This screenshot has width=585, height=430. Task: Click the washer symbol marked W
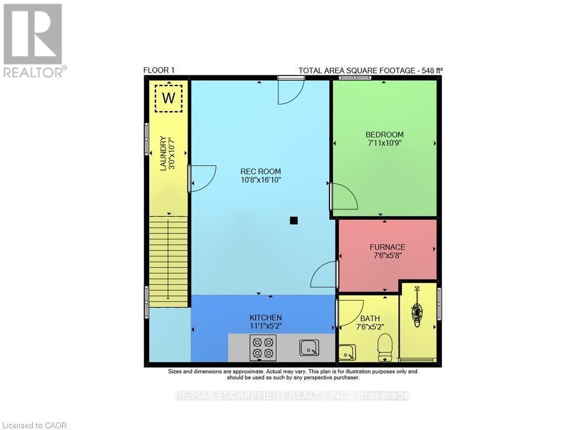click(168, 98)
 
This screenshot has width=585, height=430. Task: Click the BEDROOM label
click(384, 135)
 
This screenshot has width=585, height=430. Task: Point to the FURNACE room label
click(387, 247)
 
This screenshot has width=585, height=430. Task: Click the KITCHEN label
click(266, 317)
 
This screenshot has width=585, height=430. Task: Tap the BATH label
click(370, 319)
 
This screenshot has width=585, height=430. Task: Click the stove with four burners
click(262, 348)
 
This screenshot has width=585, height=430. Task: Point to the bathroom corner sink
click(346, 353)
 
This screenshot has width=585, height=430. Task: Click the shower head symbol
click(417, 311)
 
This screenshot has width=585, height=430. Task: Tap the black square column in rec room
click(294, 221)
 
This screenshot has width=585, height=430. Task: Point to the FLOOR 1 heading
click(159, 70)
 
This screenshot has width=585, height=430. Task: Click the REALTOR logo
click(33, 40)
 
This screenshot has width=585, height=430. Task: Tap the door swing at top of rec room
click(290, 91)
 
